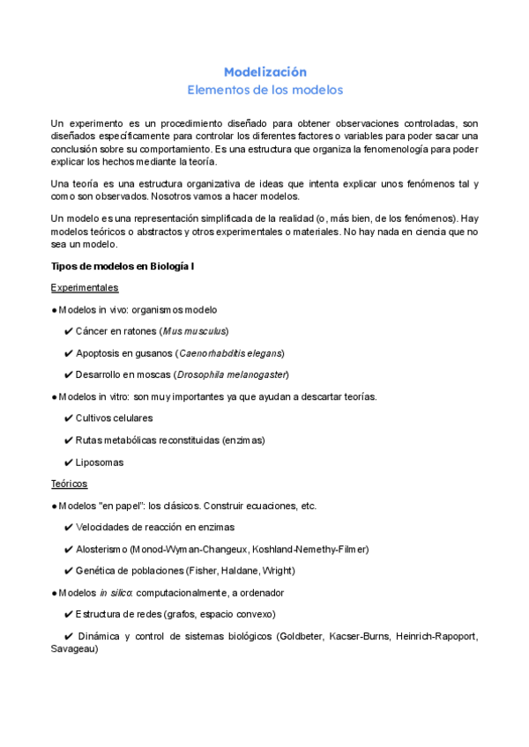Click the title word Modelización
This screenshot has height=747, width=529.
(264, 71)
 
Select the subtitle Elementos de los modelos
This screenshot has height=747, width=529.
(264, 90)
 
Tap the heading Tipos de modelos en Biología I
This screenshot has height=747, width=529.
(122, 266)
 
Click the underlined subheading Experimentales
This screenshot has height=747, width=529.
(85, 288)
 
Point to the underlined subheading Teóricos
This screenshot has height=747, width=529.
(70, 484)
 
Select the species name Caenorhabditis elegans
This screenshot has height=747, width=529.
(230, 352)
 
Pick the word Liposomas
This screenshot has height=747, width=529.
(100, 462)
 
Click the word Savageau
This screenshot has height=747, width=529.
(75, 649)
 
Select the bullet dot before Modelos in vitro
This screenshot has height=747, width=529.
(55, 396)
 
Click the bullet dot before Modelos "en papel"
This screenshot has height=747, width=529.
(55, 506)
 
